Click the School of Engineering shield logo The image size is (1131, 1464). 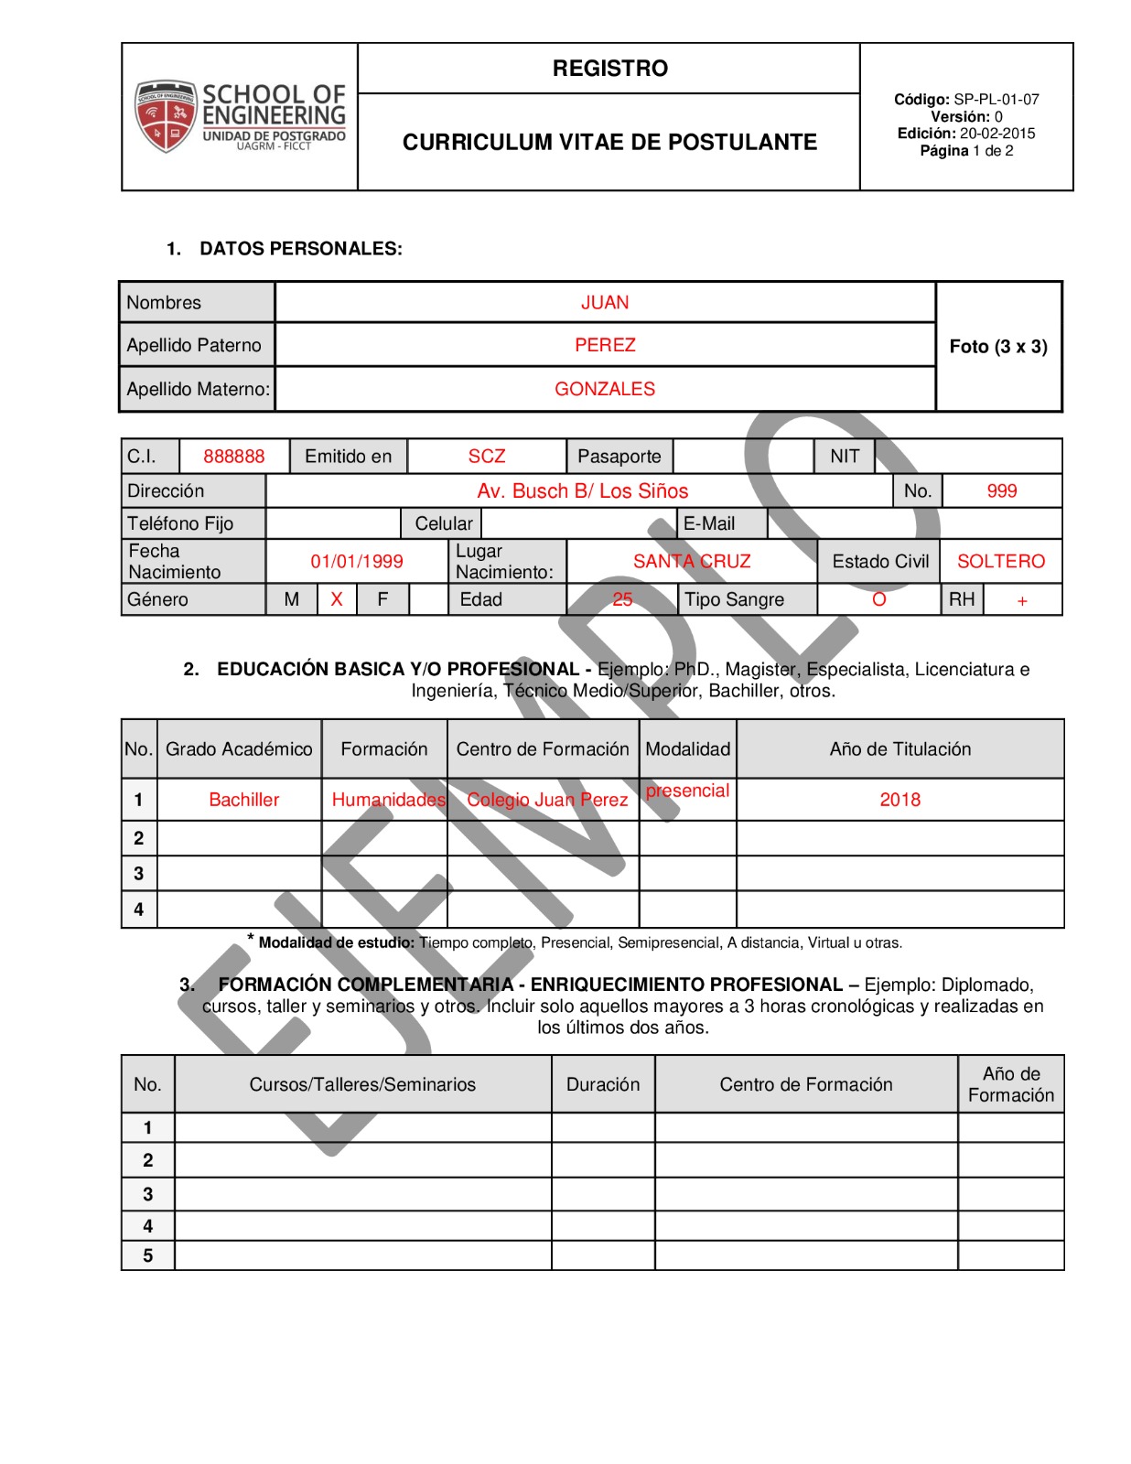tap(166, 115)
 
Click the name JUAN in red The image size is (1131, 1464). tap(605, 303)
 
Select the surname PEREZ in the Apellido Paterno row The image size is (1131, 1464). tap(605, 345)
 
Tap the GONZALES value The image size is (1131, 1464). tap(605, 389)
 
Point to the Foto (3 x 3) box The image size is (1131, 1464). tap(998, 347)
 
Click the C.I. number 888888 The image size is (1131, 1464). tap(234, 457)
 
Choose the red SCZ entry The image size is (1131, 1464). tap(487, 457)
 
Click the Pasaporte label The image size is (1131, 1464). tap(619, 457)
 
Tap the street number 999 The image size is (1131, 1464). tap(1002, 491)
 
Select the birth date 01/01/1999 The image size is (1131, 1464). tap(357, 562)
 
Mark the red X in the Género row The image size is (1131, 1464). tap(337, 600)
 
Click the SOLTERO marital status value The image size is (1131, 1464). tap(1001, 562)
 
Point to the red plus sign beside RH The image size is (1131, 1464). tap(1022, 601)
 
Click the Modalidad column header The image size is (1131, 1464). tap(688, 749)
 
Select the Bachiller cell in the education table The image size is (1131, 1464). tap(243, 800)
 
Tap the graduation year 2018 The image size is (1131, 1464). tap(900, 800)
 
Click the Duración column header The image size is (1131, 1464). tap(603, 1084)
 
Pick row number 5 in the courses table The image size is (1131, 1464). tap(148, 1256)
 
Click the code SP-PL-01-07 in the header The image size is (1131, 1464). tap(996, 100)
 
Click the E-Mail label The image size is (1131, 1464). tap(709, 523)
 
